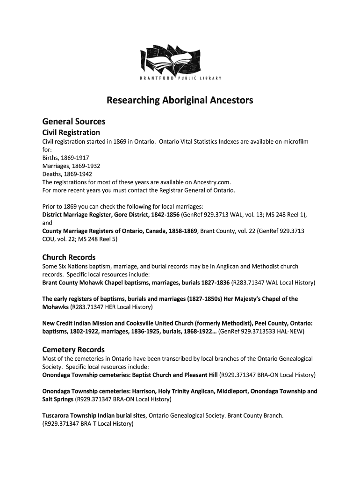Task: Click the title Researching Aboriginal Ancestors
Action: coord(180,100)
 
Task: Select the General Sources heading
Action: coord(74,121)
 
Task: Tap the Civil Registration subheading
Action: coord(71,132)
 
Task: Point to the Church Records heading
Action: coord(69,257)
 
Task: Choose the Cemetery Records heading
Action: coord(73,349)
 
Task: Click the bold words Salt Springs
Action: coord(58,399)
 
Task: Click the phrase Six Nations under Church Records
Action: coord(72,266)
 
